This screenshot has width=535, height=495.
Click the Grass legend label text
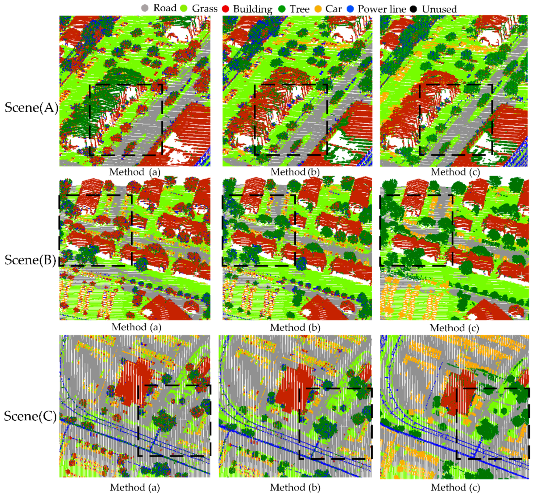(x=204, y=9)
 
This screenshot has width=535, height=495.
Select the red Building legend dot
(x=225, y=9)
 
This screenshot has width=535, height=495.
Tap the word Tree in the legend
(x=299, y=9)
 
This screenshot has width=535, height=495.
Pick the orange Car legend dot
(x=318, y=9)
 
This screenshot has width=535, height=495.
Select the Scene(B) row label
(x=30, y=260)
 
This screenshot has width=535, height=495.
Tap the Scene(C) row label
(x=30, y=416)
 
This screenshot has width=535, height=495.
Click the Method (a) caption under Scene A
(x=134, y=172)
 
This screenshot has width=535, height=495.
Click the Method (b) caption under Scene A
(x=295, y=172)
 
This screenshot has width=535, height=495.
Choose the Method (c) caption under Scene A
(x=455, y=172)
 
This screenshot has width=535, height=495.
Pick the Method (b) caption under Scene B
(x=295, y=327)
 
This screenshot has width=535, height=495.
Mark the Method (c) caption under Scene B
(x=454, y=328)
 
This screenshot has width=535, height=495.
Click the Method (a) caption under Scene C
(x=135, y=487)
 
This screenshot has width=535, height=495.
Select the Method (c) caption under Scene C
(x=455, y=487)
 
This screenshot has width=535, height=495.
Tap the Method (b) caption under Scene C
(x=295, y=487)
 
